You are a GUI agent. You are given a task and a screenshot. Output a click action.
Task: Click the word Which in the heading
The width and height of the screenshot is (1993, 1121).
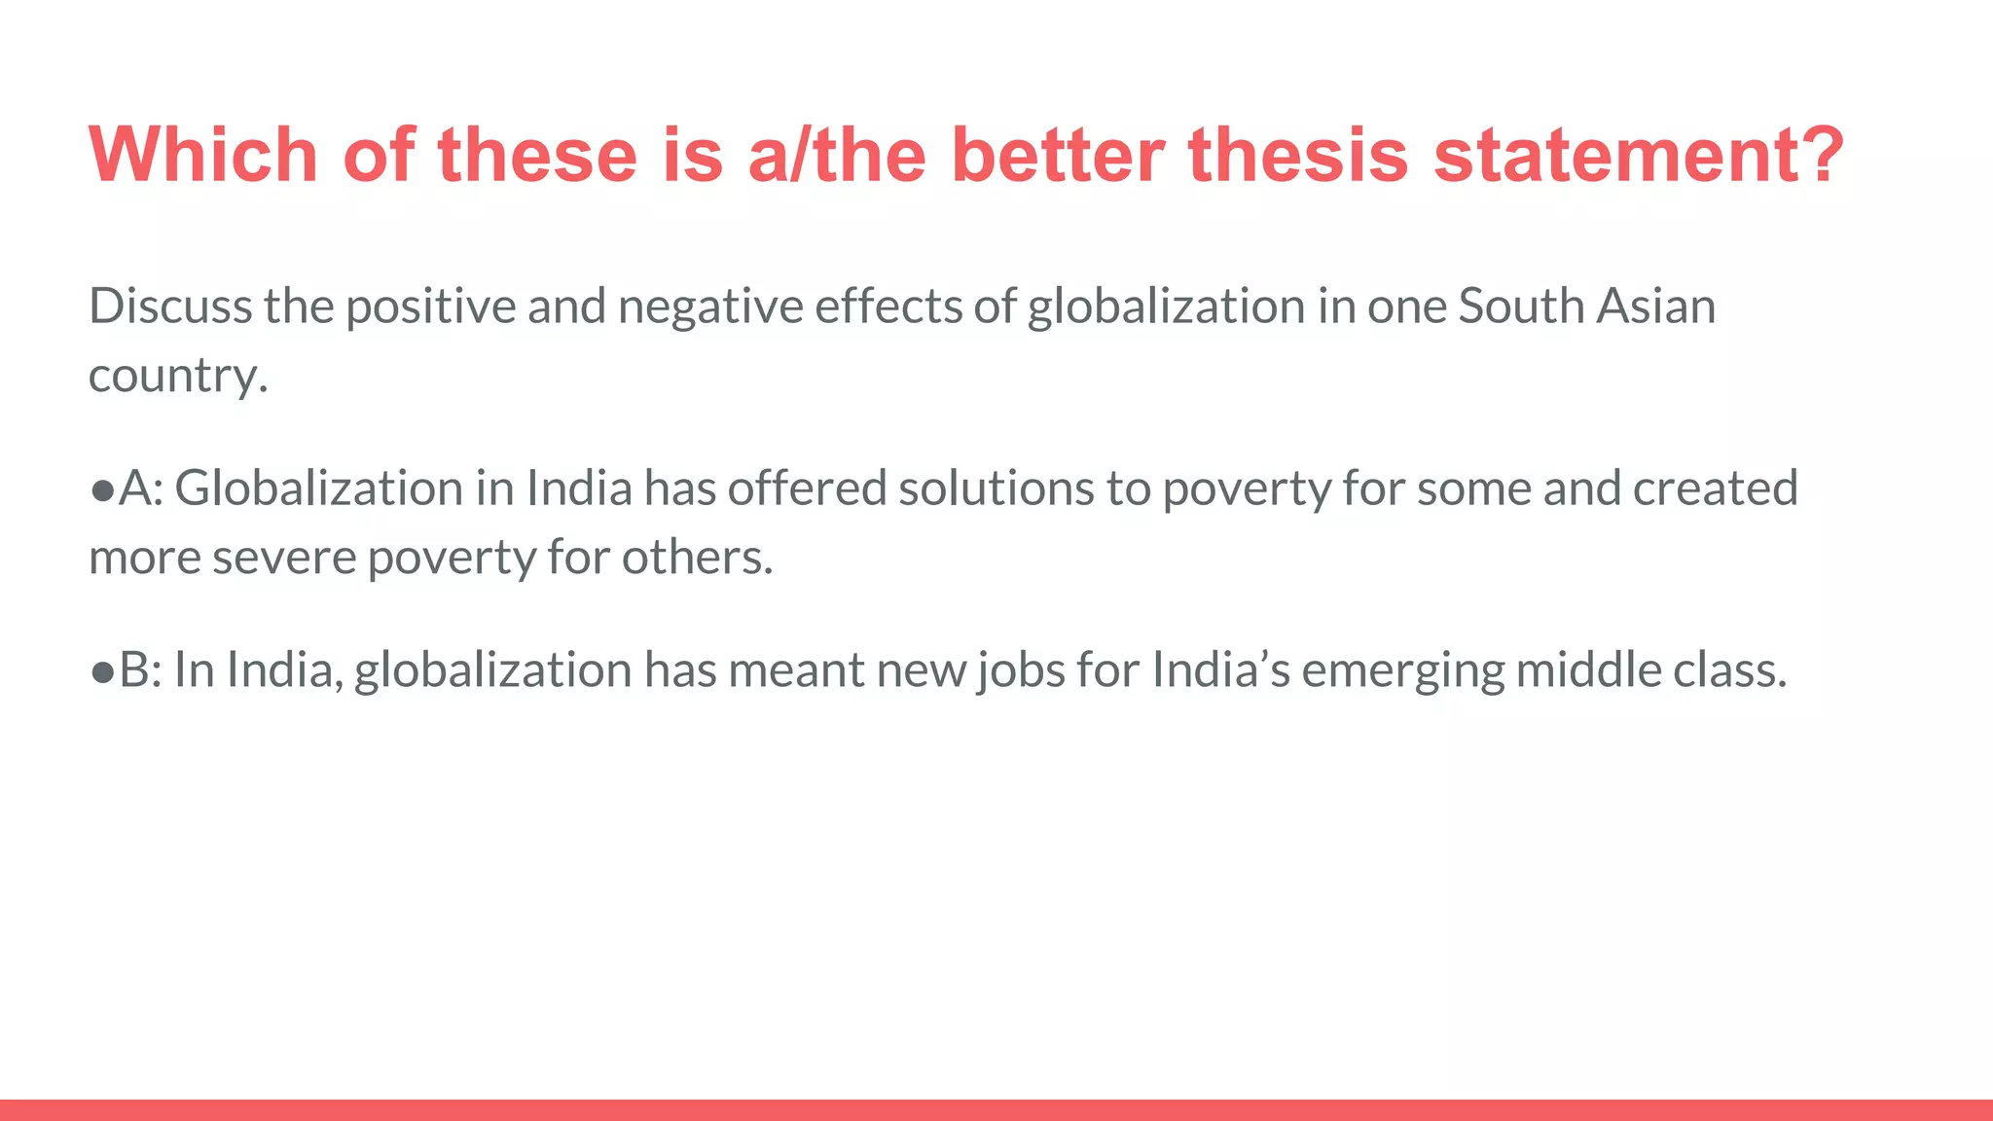pyautogui.click(x=202, y=155)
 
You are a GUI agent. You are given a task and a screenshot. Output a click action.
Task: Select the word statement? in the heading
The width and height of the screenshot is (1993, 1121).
pyautogui.click(x=1639, y=155)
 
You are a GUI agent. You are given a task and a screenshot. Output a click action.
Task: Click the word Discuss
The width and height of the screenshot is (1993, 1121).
pyautogui.click(x=170, y=307)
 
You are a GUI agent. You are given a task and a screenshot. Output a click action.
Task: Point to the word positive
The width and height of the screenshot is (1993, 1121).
pyautogui.click(x=430, y=307)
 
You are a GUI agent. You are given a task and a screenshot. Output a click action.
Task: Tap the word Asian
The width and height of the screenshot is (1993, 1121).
pyautogui.click(x=1656, y=307)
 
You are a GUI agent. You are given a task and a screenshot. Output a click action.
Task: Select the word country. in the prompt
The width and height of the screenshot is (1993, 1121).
pyautogui.click(x=178, y=377)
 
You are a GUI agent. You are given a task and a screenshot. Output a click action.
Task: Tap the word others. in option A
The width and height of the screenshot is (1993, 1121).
pyautogui.click(x=697, y=559)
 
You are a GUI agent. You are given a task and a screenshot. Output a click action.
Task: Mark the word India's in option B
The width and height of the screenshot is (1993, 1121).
pyautogui.click(x=1220, y=670)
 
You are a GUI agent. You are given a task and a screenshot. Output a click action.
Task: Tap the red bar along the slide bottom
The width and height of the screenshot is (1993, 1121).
pyautogui.click(x=996, y=1110)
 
